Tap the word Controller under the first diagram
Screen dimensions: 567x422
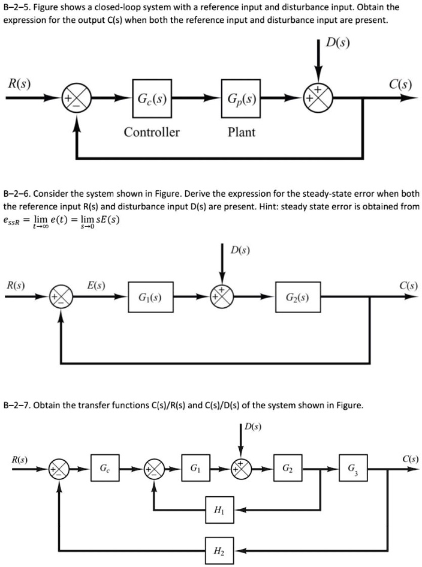pyautogui.click(x=152, y=132)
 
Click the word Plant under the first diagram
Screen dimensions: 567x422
pyautogui.click(x=242, y=132)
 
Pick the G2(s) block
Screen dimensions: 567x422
pyautogui.click(x=297, y=296)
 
